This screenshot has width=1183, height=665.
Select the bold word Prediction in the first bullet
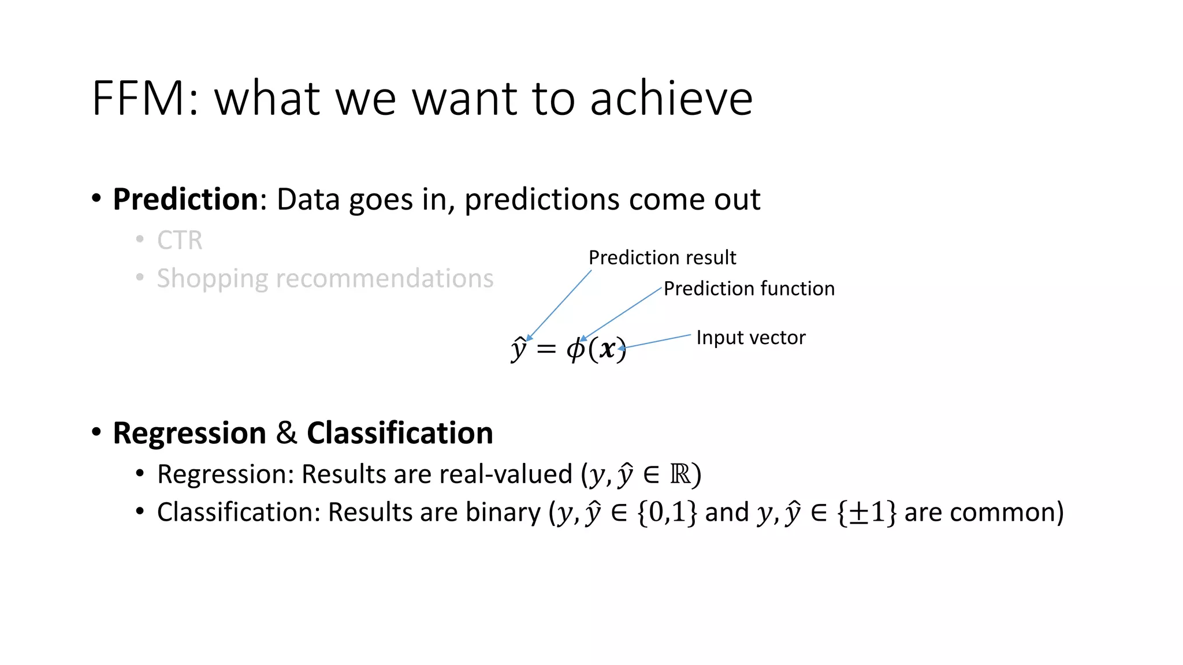point(185,200)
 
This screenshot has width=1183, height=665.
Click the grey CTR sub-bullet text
point(180,241)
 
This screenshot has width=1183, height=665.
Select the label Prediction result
point(662,257)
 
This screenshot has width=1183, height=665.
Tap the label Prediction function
point(749,289)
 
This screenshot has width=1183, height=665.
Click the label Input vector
point(750,338)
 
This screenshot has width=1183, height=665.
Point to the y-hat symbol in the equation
point(519,349)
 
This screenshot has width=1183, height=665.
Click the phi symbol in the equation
point(575,349)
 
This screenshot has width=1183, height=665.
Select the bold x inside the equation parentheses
point(607,349)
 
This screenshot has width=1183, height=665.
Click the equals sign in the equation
point(546,350)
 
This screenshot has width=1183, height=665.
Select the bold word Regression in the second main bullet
point(189,434)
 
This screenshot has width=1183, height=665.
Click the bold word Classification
point(400,434)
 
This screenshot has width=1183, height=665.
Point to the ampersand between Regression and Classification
point(286,434)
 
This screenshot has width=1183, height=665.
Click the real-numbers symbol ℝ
point(680,475)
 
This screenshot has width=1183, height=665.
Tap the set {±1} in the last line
point(866,513)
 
